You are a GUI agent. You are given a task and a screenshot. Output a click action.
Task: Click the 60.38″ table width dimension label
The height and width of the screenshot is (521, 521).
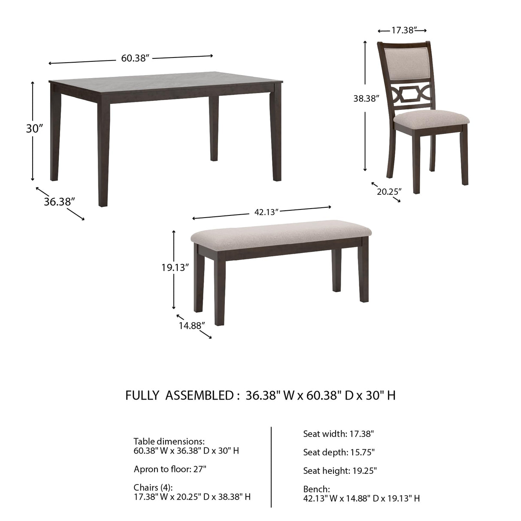[135, 58]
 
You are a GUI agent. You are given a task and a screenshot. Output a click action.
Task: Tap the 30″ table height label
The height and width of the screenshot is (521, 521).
[35, 128]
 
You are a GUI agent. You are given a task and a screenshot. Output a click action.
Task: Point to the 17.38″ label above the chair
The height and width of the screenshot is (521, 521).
[402, 30]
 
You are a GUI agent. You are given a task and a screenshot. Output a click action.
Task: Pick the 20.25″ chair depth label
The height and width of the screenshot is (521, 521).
[389, 191]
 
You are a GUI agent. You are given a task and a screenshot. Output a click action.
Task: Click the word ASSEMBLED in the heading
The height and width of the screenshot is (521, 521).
[199, 395]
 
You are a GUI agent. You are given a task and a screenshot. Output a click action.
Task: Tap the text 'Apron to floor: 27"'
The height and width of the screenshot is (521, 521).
[170, 469]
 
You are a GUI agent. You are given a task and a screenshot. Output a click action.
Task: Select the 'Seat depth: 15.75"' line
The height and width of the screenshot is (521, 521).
[339, 452]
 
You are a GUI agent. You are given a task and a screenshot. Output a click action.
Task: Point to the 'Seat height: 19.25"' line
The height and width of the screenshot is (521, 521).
[340, 471]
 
